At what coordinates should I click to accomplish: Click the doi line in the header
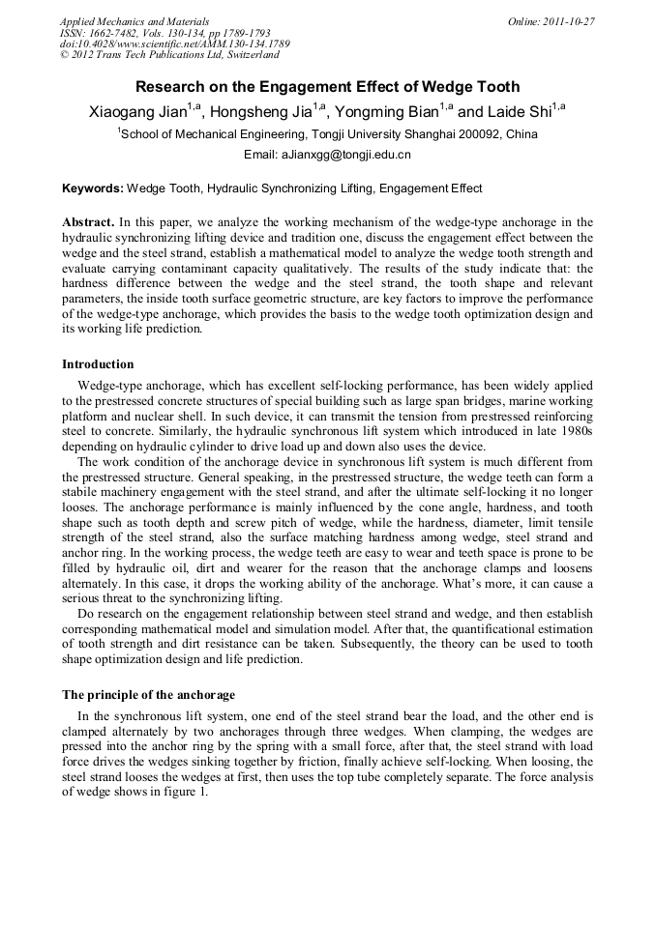[174, 43]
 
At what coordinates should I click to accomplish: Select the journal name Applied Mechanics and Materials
[134, 21]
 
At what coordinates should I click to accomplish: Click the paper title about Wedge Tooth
[327, 87]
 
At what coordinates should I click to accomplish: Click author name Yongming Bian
[386, 112]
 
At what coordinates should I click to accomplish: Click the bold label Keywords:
[93, 188]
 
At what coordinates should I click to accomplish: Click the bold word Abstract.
[90, 222]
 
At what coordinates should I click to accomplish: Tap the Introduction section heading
[98, 364]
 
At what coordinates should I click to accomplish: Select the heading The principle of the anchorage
[148, 694]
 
